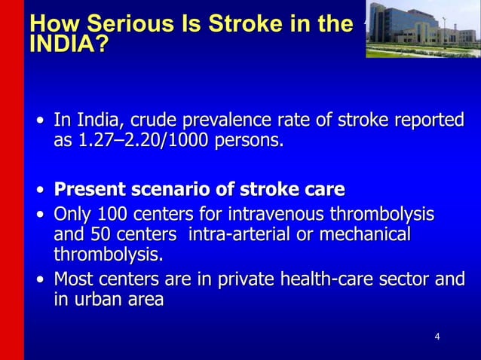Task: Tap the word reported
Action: point(425,121)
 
